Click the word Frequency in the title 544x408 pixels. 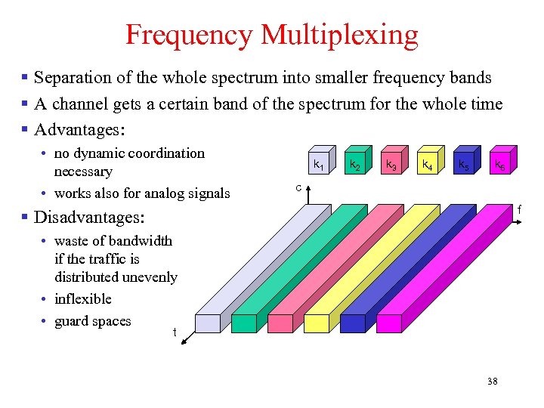189,35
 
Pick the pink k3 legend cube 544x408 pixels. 391,163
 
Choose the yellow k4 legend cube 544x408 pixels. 427,163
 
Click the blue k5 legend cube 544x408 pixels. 463,163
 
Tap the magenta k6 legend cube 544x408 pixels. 499,163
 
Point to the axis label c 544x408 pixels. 299,187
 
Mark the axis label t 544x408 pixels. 175,332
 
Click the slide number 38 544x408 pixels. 492,381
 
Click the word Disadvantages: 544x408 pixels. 89,218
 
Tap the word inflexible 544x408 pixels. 83,299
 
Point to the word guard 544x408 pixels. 71,321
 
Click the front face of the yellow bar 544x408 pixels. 317,323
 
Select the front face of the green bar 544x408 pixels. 244,323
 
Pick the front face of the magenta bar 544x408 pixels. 389,323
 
